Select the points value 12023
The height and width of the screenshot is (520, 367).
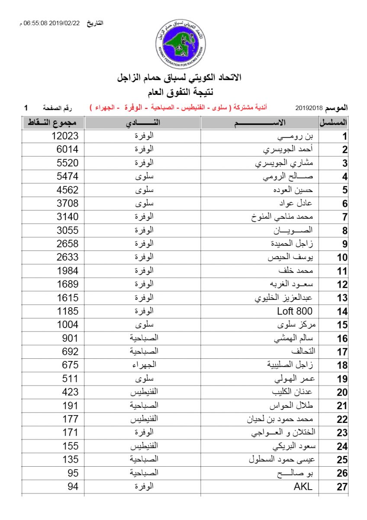point(65,136)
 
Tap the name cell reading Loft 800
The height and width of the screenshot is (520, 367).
point(294,311)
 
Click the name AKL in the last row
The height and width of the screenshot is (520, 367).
point(303,486)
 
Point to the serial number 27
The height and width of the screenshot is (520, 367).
point(342,487)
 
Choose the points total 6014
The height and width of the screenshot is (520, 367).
point(68,149)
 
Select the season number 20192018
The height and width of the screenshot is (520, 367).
point(309,107)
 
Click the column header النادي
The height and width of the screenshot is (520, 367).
point(143,123)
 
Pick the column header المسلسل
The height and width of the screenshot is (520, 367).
point(334,123)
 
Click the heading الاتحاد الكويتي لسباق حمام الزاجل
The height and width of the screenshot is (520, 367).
point(180,78)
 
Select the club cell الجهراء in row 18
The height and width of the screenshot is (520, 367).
point(143,365)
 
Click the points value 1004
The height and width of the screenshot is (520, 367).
point(68,325)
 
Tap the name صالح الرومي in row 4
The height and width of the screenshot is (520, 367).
point(288,177)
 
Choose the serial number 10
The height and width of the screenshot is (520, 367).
point(342,257)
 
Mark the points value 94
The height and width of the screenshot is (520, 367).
point(73,486)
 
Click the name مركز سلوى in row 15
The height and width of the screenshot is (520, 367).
point(294,325)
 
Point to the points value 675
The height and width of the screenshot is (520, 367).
point(70,365)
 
